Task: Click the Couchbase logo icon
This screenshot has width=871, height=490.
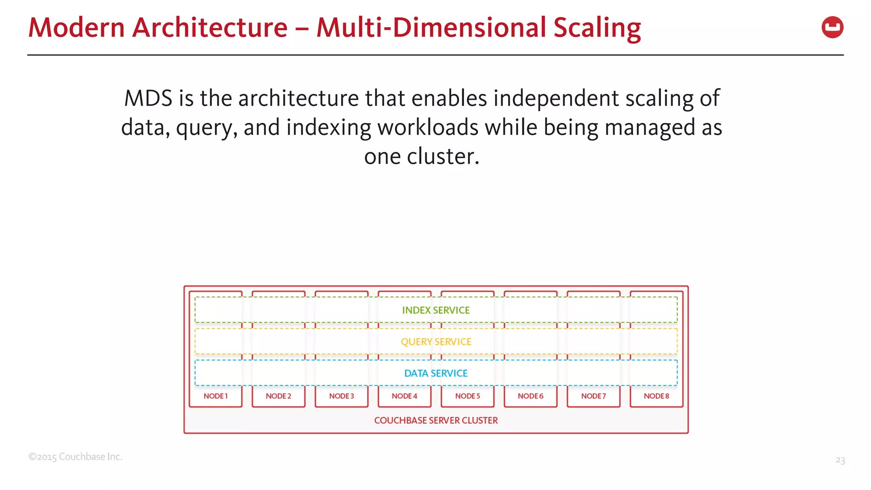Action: pos(832,28)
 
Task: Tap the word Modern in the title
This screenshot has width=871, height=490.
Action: pos(77,28)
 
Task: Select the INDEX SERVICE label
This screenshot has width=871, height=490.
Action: pos(436,311)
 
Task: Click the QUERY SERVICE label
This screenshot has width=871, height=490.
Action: pos(436,342)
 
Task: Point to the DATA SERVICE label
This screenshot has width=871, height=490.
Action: pos(436,373)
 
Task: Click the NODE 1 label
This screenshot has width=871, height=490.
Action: pos(216,396)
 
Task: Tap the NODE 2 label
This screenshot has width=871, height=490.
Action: pos(279,396)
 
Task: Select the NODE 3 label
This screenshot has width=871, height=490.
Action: pos(342,396)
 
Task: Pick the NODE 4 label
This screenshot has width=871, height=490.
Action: pos(404,396)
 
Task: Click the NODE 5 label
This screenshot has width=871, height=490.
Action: pos(467,396)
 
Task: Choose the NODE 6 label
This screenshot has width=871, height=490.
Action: pos(530,396)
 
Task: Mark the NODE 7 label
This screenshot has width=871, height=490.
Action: pos(593,396)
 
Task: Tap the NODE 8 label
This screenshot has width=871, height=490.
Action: pos(656,396)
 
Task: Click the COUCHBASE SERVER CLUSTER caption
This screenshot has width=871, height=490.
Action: pos(436,420)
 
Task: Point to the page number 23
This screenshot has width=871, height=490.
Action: pos(840,460)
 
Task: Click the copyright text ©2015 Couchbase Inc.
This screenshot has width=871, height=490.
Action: pos(75,457)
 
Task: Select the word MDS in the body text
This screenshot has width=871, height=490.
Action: pos(148,99)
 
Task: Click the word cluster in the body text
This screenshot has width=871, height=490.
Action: pos(443,157)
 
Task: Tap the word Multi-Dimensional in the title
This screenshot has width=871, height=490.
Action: pos(431,28)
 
